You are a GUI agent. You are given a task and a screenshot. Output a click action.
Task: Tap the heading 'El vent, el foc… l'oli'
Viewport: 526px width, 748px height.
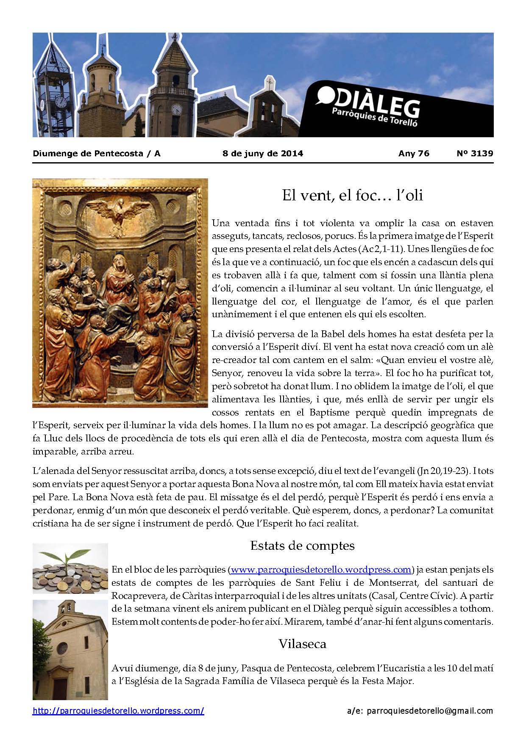(x=353, y=196)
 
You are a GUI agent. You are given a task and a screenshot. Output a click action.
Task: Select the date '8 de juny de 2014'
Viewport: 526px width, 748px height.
(x=263, y=153)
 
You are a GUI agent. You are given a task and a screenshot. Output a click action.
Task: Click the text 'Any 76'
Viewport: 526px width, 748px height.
(x=414, y=153)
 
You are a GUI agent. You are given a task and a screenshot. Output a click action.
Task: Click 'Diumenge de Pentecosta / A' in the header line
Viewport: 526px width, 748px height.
(x=97, y=153)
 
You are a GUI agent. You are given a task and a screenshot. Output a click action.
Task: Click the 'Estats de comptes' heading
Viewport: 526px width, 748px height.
(x=302, y=545)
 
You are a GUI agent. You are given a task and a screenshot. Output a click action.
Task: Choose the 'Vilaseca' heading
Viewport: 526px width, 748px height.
(x=302, y=644)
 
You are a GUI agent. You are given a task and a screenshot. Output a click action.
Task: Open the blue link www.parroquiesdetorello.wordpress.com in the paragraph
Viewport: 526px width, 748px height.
(x=321, y=570)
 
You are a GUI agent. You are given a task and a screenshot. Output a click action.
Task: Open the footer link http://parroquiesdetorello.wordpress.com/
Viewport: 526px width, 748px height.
(x=118, y=711)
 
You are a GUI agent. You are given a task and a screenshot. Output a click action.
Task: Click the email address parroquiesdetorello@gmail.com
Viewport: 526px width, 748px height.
(x=430, y=711)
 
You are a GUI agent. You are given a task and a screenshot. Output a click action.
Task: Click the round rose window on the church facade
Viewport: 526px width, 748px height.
(x=62, y=648)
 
